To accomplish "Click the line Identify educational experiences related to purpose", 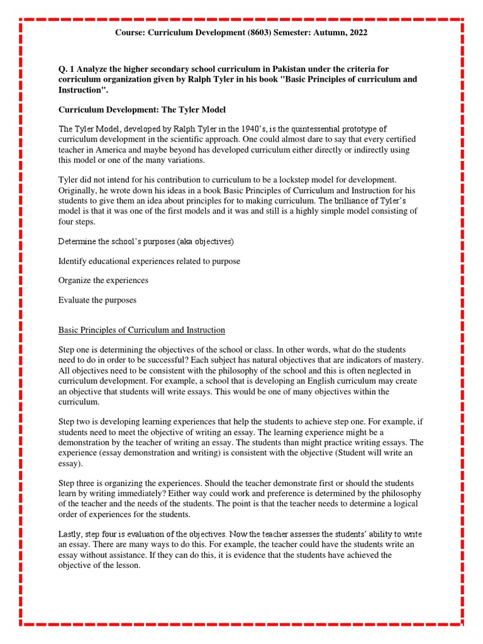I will click(x=149, y=260).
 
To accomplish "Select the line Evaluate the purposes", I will click(x=97, y=300).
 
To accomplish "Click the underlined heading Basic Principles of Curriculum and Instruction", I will click(x=142, y=330).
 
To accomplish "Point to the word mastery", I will click(x=408, y=360).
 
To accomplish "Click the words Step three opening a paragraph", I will click(x=79, y=474).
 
